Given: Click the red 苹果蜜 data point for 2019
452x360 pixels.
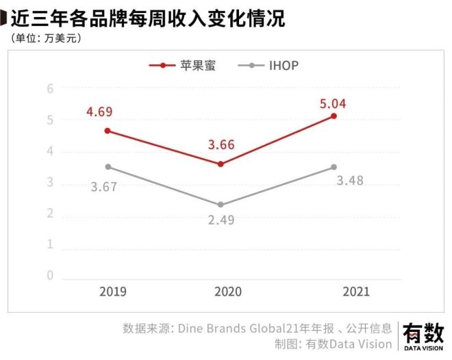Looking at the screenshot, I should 108,131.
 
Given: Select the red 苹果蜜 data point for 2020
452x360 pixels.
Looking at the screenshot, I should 220,164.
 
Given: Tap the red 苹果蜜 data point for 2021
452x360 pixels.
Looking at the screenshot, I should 334,116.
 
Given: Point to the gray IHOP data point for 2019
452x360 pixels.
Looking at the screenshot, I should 108,167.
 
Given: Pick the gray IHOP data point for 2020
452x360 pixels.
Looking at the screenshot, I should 220,205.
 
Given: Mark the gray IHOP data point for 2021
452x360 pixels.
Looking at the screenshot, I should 334,167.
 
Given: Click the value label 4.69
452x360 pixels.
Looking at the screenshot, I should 99,112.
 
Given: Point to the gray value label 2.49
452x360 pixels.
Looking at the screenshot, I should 221,222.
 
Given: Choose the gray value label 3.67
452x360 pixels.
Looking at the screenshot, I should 104,185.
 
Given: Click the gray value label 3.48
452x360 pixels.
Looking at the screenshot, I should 350,181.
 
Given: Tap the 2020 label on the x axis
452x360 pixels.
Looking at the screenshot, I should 228,292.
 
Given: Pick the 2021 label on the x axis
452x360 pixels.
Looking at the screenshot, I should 354,292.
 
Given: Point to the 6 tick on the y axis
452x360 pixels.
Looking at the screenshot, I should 50,88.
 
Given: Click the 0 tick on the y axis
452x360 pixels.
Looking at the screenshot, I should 50,275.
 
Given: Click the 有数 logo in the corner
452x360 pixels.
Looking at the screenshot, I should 423,335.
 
